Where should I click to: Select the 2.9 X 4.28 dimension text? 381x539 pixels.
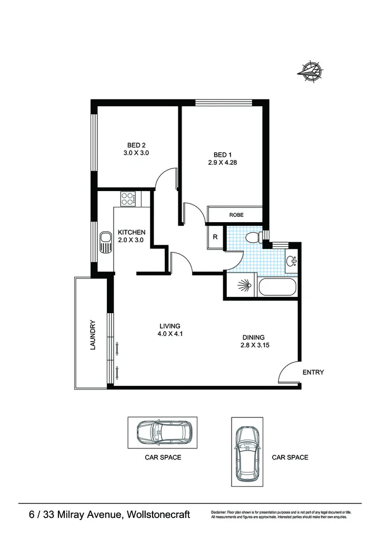pyautogui.click(x=223, y=163)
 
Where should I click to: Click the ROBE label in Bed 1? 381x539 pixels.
pyautogui.click(x=236, y=215)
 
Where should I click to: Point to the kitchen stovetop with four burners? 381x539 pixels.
pyautogui.click(x=128, y=198)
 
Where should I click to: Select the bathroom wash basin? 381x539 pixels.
pyautogui.click(x=292, y=260)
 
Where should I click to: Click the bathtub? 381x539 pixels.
pyautogui.click(x=277, y=288)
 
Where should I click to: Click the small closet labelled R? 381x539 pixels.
pyautogui.click(x=215, y=237)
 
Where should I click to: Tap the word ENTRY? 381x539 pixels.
pyautogui.click(x=313, y=373)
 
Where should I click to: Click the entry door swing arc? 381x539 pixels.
pyautogui.click(x=287, y=371)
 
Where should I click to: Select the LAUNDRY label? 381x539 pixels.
pyautogui.click(x=93, y=335)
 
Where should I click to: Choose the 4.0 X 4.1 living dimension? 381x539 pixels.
pyautogui.click(x=171, y=333)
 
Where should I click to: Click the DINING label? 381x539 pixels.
pyautogui.click(x=253, y=337)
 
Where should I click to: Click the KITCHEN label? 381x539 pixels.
pyautogui.click(x=131, y=232)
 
